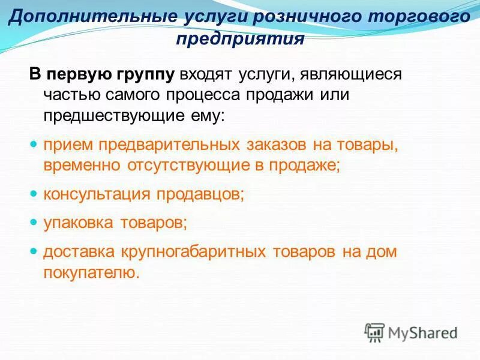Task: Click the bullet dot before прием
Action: coord(34,145)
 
